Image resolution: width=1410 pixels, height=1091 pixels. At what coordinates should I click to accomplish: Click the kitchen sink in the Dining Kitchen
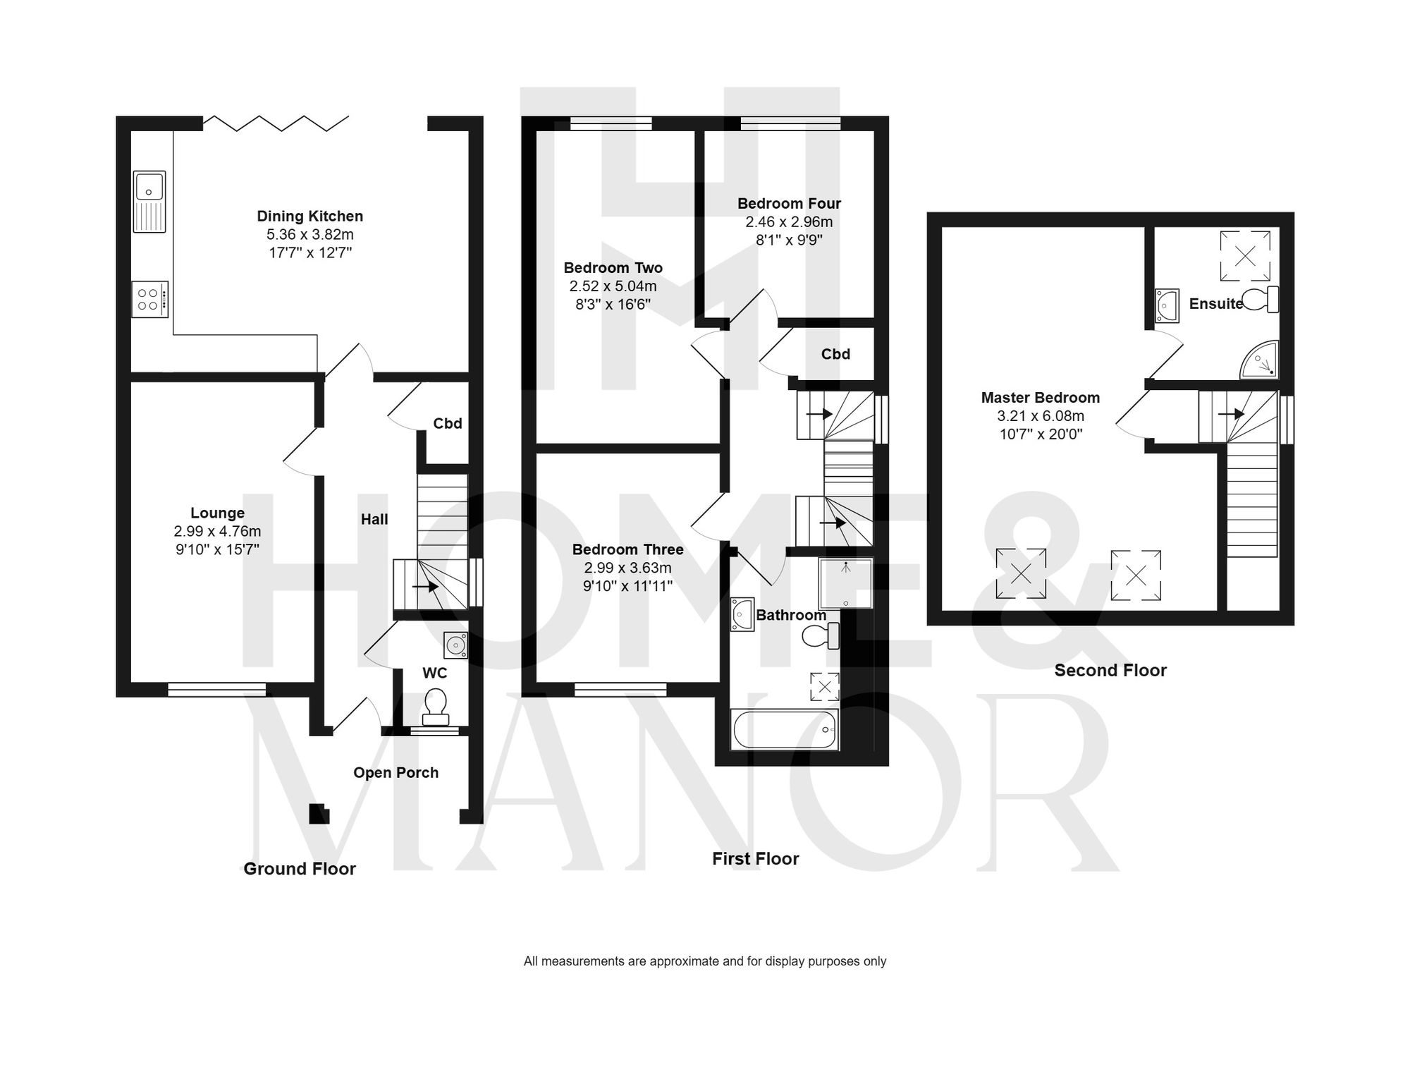point(149,201)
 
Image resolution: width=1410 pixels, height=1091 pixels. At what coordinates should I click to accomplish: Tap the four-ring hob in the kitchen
point(150,299)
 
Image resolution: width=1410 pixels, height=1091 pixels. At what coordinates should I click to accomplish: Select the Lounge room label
point(217,513)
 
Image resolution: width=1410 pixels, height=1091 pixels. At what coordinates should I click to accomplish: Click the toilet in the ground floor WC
point(435,706)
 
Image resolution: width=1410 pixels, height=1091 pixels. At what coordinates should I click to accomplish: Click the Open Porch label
point(396,772)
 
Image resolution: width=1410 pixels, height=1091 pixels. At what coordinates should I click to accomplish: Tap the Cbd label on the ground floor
point(447,423)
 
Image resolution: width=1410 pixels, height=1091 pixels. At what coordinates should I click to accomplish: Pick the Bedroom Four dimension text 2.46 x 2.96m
point(789,221)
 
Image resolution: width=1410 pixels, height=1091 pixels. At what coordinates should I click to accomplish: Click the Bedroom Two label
point(613,267)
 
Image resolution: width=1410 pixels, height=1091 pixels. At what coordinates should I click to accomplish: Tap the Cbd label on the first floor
point(835,354)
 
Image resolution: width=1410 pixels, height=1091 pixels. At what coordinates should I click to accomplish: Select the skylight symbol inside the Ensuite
point(1245,255)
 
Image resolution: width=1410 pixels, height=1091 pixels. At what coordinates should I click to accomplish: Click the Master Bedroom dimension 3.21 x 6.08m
point(1040,415)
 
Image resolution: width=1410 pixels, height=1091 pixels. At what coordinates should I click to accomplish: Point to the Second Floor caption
point(1110,670)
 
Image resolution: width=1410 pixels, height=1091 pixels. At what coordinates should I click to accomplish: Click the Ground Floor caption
point(300,869)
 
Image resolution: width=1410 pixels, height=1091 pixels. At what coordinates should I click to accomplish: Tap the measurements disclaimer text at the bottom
point(704,961)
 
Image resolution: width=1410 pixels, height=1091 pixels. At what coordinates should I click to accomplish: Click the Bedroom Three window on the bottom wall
point(620,689)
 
